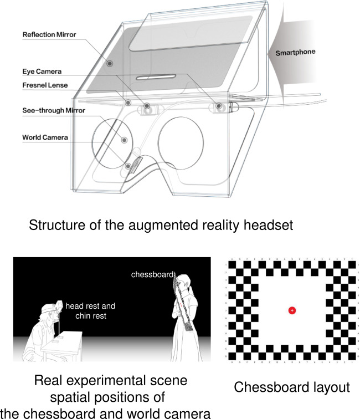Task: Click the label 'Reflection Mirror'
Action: coord(49,34)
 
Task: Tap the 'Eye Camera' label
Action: coord(43,71)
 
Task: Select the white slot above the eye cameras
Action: coord(156,78)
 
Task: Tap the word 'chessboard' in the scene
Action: coord(151,274)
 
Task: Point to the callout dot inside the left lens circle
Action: coord(124,140)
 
